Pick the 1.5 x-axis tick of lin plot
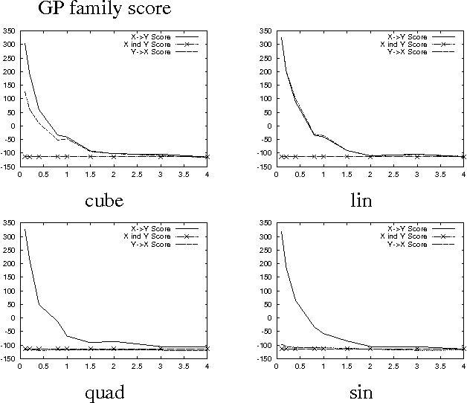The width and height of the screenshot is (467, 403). tap(347, 174)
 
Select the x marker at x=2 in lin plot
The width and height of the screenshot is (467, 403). tap(370, 156)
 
